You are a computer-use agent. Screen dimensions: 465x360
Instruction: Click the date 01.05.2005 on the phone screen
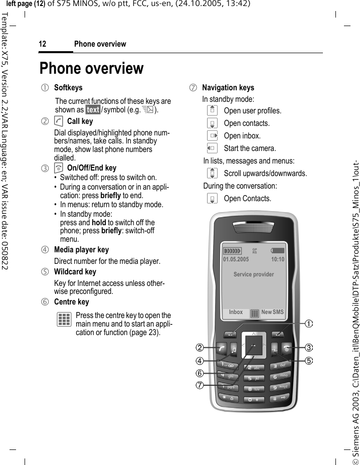tap(236, 260)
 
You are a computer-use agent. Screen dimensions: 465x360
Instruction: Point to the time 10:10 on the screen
tap(277, 260)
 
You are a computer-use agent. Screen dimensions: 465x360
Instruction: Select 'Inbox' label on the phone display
tap(236, 312)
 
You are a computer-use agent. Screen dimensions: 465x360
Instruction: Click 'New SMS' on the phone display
tap(272, 312)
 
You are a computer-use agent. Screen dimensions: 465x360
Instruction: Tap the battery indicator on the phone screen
tap(278, 250)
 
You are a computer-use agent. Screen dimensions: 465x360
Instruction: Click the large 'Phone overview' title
tap(91, 68)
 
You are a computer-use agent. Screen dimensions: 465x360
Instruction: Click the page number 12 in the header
tap(43, 44)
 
